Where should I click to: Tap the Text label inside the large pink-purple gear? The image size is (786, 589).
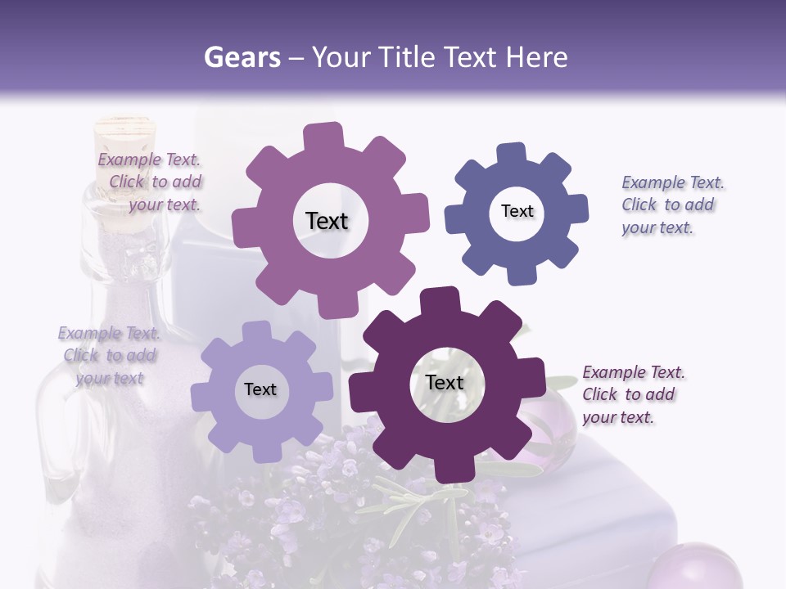tap(327, 221)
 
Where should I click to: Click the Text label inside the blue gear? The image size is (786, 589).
tap(517, 211)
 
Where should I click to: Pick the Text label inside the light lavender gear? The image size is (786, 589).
tap(260, 389)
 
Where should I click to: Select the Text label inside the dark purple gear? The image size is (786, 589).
tap(445, 382)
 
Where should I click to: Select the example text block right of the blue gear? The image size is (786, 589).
tap(671, 205)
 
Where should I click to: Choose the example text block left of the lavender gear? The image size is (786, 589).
tap(110, 355)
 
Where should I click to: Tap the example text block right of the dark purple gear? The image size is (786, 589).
tap(632, 394)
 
